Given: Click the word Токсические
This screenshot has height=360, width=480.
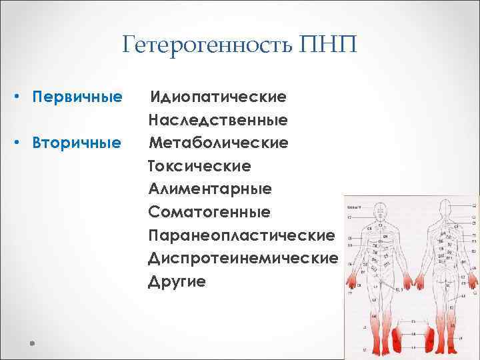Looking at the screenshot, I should click(200, 165).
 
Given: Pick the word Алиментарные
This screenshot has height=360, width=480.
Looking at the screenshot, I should click(210, 189).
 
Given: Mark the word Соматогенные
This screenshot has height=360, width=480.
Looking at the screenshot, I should click(209, 212).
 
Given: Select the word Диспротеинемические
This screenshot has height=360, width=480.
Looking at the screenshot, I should click(243, 258).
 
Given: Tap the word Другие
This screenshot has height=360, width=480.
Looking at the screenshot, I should click(177, 281).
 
